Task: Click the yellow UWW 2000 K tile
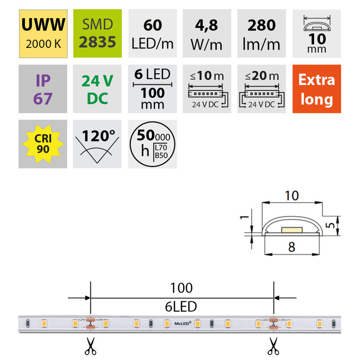(x=43, y=34)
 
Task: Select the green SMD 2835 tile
(x=97, y=34)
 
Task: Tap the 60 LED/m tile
(x=152, y=34)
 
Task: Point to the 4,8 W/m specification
(x=207, y=34)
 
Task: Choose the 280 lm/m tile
(x=261, y=34)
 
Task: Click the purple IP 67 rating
(x=42, y=89)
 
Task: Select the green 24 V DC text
(x=97, y=89)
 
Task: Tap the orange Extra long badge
(x=317, y=89)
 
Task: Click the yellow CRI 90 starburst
(x=43, y=144)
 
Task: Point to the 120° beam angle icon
(x=97, y=144)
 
